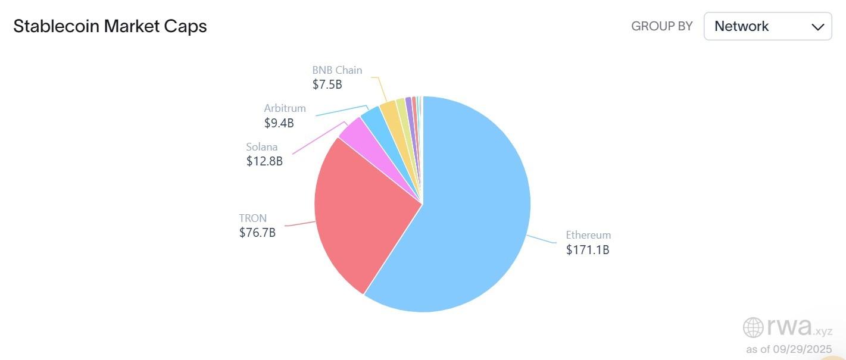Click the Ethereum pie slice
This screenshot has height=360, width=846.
tap(470, 214)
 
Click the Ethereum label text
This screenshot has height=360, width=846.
tap(588, 235)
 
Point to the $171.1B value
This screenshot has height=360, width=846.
tap(588, 250)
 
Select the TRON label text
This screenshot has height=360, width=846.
tap(253, 218)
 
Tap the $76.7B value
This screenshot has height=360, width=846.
tap(257, 233)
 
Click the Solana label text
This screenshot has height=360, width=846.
tap(262, 147)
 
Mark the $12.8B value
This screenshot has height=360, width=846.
tap(264, 161)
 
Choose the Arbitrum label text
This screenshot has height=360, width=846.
tap(285, 108)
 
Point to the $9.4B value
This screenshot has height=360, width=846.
tap(279, 123)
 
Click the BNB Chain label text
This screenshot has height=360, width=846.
tap(337, 70)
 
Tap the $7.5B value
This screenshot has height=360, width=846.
tap(327, 84)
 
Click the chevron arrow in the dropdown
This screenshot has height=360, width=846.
tap(817, 27)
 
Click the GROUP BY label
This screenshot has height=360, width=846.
tap(661, 26)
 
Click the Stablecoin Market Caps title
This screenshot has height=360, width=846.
tap(110, 26)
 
